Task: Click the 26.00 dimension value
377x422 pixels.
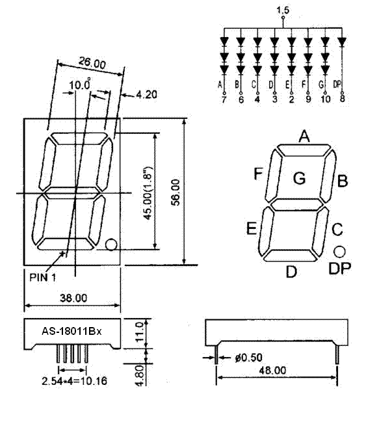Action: [x=92, y=62]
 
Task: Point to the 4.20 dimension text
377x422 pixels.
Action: [x=146, y=94]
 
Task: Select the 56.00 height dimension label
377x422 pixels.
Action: [x=176, y=192]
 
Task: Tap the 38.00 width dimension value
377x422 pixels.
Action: [x=73, y=298]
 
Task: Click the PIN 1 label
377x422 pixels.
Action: [x=43, y=277]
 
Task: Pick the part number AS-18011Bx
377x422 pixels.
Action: [x=72, y=331]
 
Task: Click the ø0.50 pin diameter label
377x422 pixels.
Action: [x=249, y=358]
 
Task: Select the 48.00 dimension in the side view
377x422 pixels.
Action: [x=273, y=371]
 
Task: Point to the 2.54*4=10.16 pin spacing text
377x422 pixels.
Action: [x=74, y=381]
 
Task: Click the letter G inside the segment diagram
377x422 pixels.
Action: [x=299, y=178]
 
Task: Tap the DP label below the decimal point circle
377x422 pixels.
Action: [x=340, y=269]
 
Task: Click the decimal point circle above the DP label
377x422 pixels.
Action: [x=339, y=252]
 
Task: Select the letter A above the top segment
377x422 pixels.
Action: [x=304, y=136]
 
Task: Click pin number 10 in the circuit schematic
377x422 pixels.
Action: [x=326, y=99]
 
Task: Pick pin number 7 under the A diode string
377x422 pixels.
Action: [x=224, y=99]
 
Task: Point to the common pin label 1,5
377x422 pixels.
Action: [x=283, y=10]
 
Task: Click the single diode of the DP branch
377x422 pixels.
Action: [x=342, y=42]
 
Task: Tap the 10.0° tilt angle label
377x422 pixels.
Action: [x=80, y=85]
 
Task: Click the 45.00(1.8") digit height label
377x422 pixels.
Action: [x=148, y=193]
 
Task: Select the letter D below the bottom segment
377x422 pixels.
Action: [x=291, y=272]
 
